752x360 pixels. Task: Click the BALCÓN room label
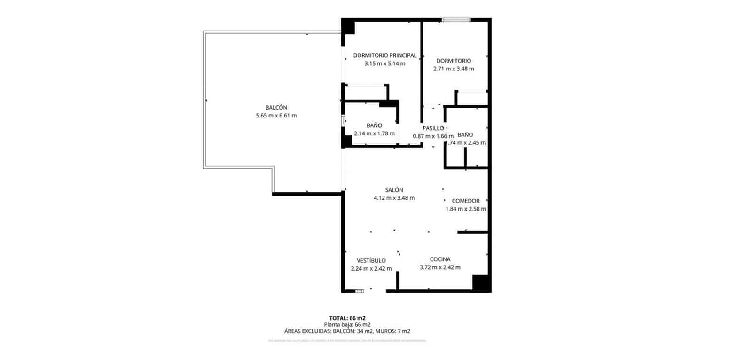click(276, 108)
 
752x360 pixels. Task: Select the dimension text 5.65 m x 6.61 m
click(276, 116)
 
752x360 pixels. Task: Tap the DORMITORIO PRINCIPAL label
click(384, 55)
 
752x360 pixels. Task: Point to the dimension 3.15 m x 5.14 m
click(384, 63)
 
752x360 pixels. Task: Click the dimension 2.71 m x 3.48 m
click(453, 69)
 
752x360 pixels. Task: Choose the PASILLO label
click(433, 128)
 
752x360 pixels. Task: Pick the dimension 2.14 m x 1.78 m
click(374, 133)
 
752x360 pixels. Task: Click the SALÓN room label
click(394, 190)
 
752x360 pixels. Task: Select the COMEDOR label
click(465, 201)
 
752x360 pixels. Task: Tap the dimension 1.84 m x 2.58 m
click(465, 209)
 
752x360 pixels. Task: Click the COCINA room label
click(440, 259)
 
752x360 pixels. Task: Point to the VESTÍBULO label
click(371, 261)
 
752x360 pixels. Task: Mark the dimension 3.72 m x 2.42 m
click(440, 267)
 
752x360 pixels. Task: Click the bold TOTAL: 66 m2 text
click(347, 318)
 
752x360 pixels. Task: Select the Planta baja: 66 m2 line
click(347, 325)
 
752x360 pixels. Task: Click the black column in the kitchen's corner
click(481, 283)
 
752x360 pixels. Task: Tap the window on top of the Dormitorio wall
click(456, 20)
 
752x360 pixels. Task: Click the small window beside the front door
click(360, 291)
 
